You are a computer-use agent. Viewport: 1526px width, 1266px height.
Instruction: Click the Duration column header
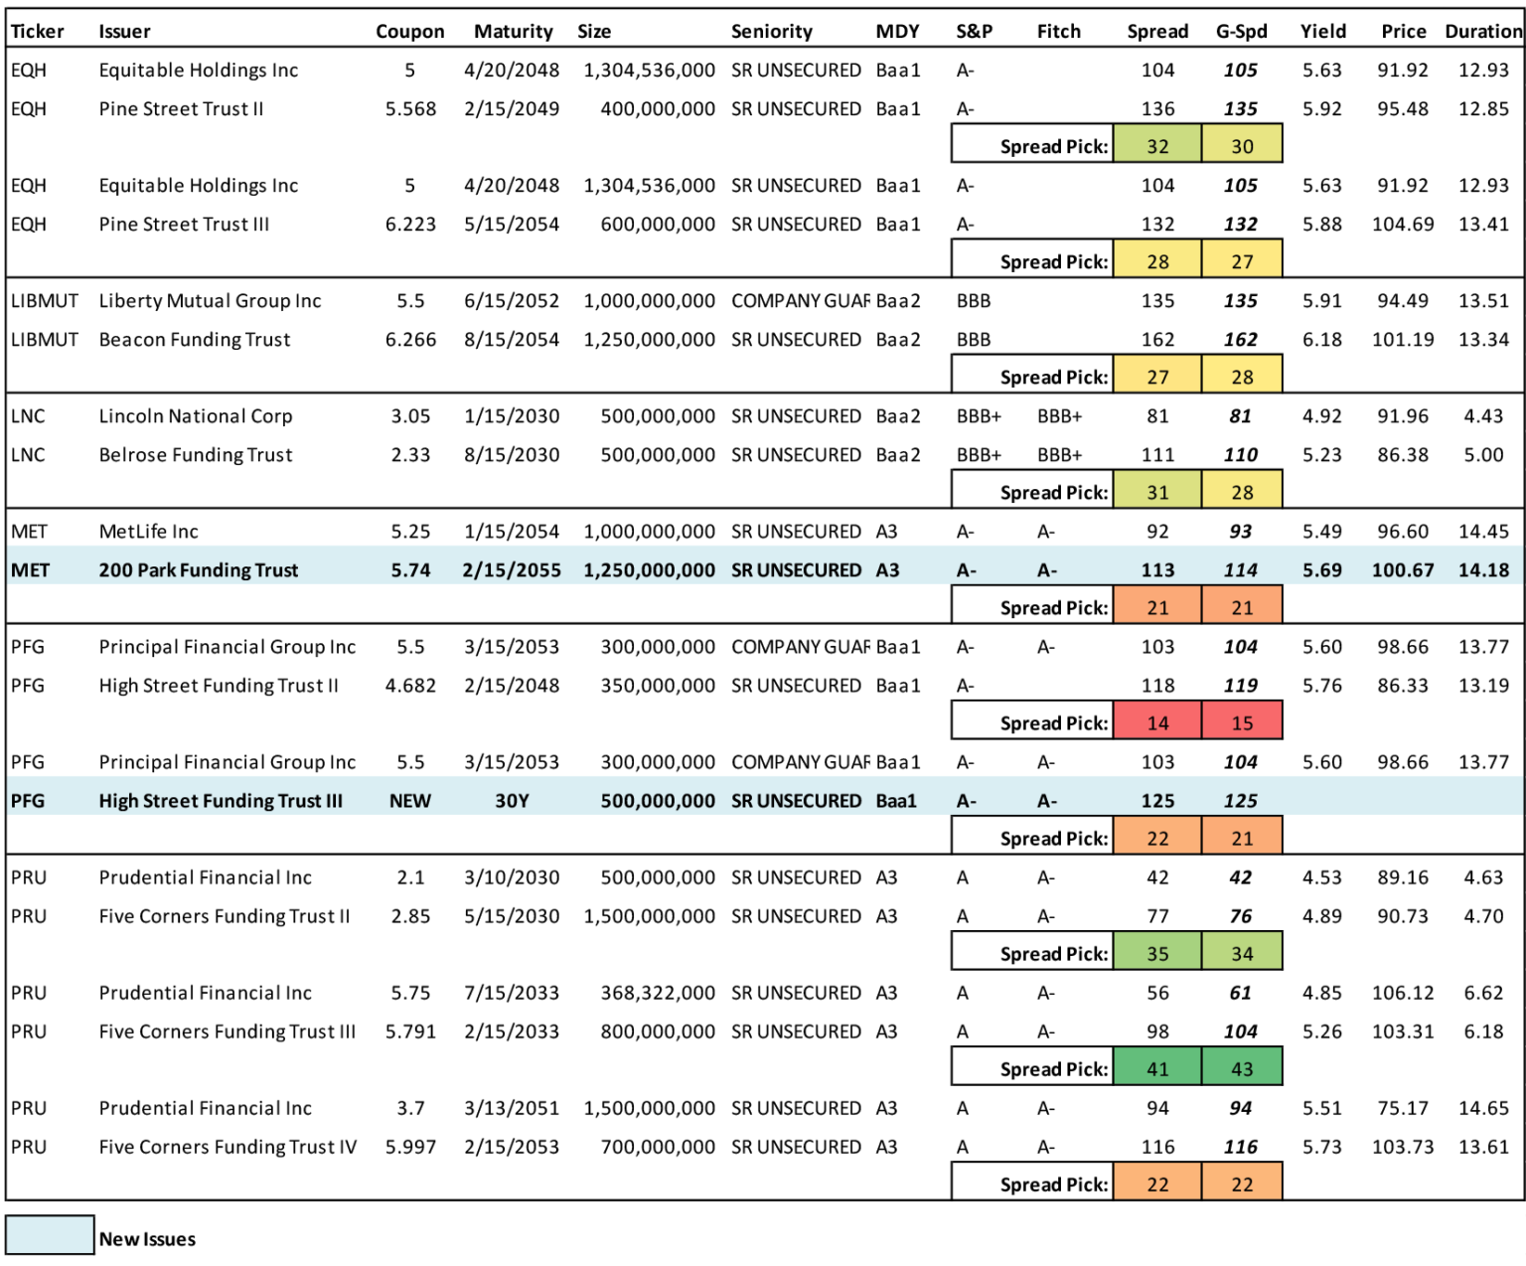click(x=1483, y=32)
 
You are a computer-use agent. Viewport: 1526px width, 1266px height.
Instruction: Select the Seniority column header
click(x=772, y=32)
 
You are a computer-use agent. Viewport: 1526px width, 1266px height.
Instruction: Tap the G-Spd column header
click(x=1241, y=32)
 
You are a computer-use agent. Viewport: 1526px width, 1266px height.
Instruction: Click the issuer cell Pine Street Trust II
click(x=181, y=109)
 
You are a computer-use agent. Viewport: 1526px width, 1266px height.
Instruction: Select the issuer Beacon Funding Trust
click(x=195, y=340)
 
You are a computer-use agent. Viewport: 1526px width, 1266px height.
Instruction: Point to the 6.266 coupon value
click(x=410, y=340)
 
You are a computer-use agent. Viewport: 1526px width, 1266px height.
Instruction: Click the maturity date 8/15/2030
click(x=512, y=455)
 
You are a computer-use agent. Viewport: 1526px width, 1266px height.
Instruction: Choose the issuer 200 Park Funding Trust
click(x=199, y=570)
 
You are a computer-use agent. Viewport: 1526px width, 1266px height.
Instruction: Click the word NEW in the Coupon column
click(x=410, y=801)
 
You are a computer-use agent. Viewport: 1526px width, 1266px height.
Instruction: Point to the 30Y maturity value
click(x=512, y=801)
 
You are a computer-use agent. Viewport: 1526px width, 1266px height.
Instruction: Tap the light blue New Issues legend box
click(x=50, y=1234)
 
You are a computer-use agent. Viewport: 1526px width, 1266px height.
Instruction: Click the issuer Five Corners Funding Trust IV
click(x=229, y=1148)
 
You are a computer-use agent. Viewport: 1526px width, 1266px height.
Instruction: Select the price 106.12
click(x=1403, y=994)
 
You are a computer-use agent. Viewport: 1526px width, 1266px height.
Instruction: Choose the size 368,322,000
click(x=658, y=994)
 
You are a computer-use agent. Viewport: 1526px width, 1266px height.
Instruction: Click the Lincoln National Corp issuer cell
click(x=196, y=416)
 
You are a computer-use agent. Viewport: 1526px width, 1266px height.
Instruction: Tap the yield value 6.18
click(x=1322, y=340)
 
